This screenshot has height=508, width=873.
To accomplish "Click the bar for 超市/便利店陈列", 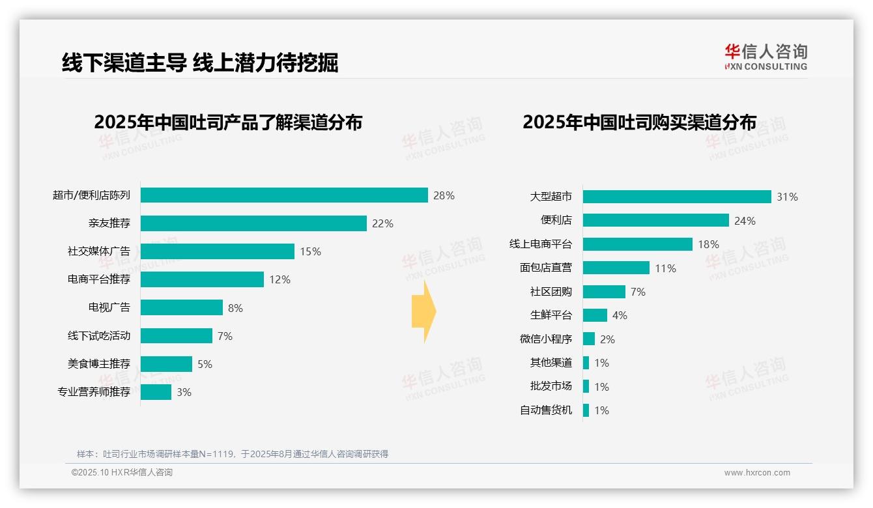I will pyautogui.click(x=284, y=195).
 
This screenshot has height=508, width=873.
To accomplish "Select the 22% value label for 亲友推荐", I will pyautogui.click(x=382, y=223).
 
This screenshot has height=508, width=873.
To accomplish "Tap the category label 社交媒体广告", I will pyautogui.click(x=99, y=251).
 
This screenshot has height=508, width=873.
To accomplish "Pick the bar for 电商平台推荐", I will pyautogui.click(x=202, y=279).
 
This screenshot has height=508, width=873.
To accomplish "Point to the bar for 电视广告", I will pyautogui.click(x=182, y=307).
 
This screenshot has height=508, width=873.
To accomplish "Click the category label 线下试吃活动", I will pyautogui.click(x=99, y=335).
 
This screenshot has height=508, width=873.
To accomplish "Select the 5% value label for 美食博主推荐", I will pyautogui.click(x=205, y=364).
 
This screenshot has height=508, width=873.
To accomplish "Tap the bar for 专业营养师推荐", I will pyautogui.click(x=156, y=392).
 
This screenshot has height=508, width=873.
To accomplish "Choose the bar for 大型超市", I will pyautogui.click(x=677, y=197).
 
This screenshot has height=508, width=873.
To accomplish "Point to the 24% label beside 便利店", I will pyautogui.click(x=745, y=221).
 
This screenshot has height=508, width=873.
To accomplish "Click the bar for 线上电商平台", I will pyautogui.click(x=637, y=244).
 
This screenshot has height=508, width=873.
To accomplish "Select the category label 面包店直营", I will pyautogui.click(x=546, y=268).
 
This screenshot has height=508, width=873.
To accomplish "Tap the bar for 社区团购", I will pyautogui.click(x=604, y=292).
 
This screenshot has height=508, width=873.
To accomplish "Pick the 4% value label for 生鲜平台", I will pyautogui.click(x=620, y=315).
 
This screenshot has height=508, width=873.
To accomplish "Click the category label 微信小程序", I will pyautogui.click(x=546, y=339).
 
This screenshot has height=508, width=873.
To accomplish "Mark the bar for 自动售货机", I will pyautogui.click(x=586, y=410).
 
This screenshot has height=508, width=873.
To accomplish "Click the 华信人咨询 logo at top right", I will pyautogui.click(x=766, y=57).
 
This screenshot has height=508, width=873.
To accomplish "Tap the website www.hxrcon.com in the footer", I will pyautogui.click(x=757, y=473).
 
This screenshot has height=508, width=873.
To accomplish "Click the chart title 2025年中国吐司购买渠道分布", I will pyautogui.click(x=639, y=122).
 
